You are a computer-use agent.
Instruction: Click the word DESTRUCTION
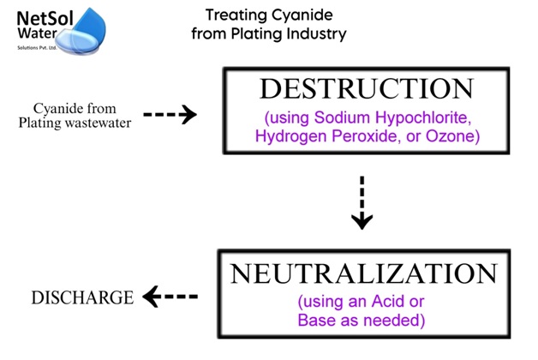point(366,89)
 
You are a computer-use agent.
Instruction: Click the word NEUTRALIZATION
point(363,274)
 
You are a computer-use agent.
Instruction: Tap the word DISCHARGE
point(82,298)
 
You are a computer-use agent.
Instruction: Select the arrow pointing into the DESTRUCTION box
point(170,115)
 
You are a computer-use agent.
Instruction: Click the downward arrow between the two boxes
point(362,203)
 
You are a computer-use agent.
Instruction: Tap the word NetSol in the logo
point(41,16)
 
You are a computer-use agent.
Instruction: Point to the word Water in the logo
point(35,33)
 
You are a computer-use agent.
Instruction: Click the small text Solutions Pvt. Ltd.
point(40,46)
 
